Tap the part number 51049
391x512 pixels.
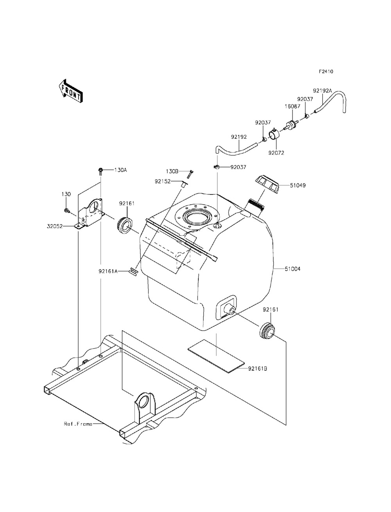tap(298, 185)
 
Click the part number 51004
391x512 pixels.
tap(292, 269)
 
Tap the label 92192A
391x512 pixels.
tap(322, 90)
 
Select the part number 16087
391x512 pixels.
tap(292, 106)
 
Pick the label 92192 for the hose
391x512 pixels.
tap(239, 137)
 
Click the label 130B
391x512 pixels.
tap(172, 171)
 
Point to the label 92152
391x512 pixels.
tap(163, 181)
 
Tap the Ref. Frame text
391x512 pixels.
tap(78, 424)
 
